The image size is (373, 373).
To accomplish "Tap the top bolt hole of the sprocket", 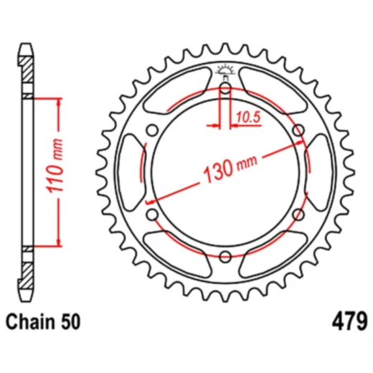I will click(225, 89).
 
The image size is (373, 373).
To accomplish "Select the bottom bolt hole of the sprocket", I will click(225, 256).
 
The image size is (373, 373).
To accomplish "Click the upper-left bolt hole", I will click(152, 131).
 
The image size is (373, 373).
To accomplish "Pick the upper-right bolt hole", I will click(298, 131).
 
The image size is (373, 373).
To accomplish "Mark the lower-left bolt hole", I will click(152, 214).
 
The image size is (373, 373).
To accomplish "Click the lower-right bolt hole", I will click(298, 214).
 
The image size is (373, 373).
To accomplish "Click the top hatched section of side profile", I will click(27, 72).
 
